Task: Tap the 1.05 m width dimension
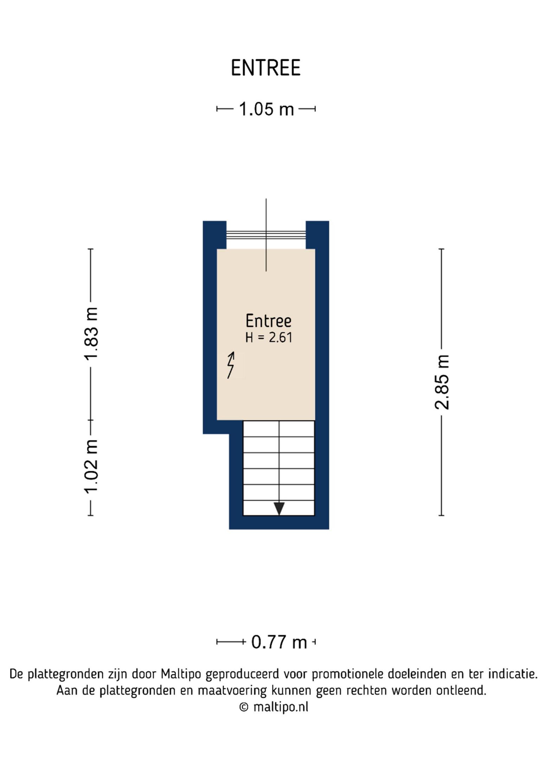266,109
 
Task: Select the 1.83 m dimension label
91,334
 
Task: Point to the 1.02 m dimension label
91,466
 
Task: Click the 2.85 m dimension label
442,382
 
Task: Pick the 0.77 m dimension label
279,642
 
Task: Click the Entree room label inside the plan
268,320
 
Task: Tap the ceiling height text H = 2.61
269,337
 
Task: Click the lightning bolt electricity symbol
231,365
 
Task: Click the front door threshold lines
266,235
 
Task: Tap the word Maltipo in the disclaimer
181,674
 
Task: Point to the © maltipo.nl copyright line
273,707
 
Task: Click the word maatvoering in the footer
232,691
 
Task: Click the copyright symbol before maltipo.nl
244,707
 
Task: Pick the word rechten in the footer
367,690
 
